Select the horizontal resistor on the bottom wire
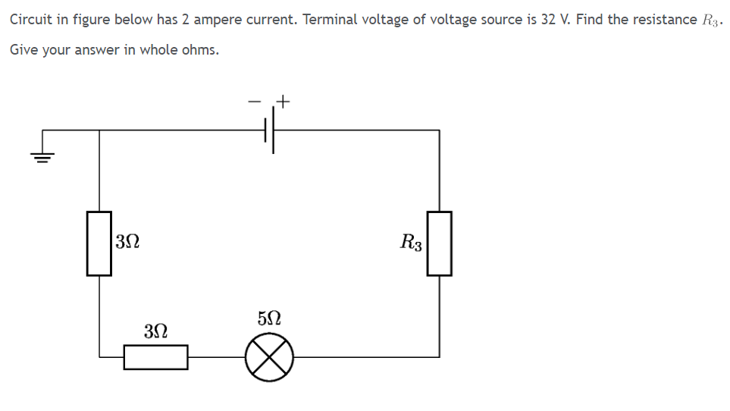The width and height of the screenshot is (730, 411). (155, 356)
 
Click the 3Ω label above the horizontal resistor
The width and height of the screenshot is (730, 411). (155, 331)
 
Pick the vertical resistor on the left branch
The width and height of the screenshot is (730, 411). (99, 243)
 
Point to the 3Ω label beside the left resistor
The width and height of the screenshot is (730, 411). (127, 243)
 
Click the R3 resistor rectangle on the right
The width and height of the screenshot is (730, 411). (440, 243)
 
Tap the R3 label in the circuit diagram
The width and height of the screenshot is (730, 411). (412, 243)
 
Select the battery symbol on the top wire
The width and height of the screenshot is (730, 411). (269, 130)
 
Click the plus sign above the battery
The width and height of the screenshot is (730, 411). (284, 100)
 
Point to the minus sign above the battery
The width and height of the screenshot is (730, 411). (255, 100)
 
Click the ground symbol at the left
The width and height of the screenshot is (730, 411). (42, 155)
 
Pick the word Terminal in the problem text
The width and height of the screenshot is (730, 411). (327, 19)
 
